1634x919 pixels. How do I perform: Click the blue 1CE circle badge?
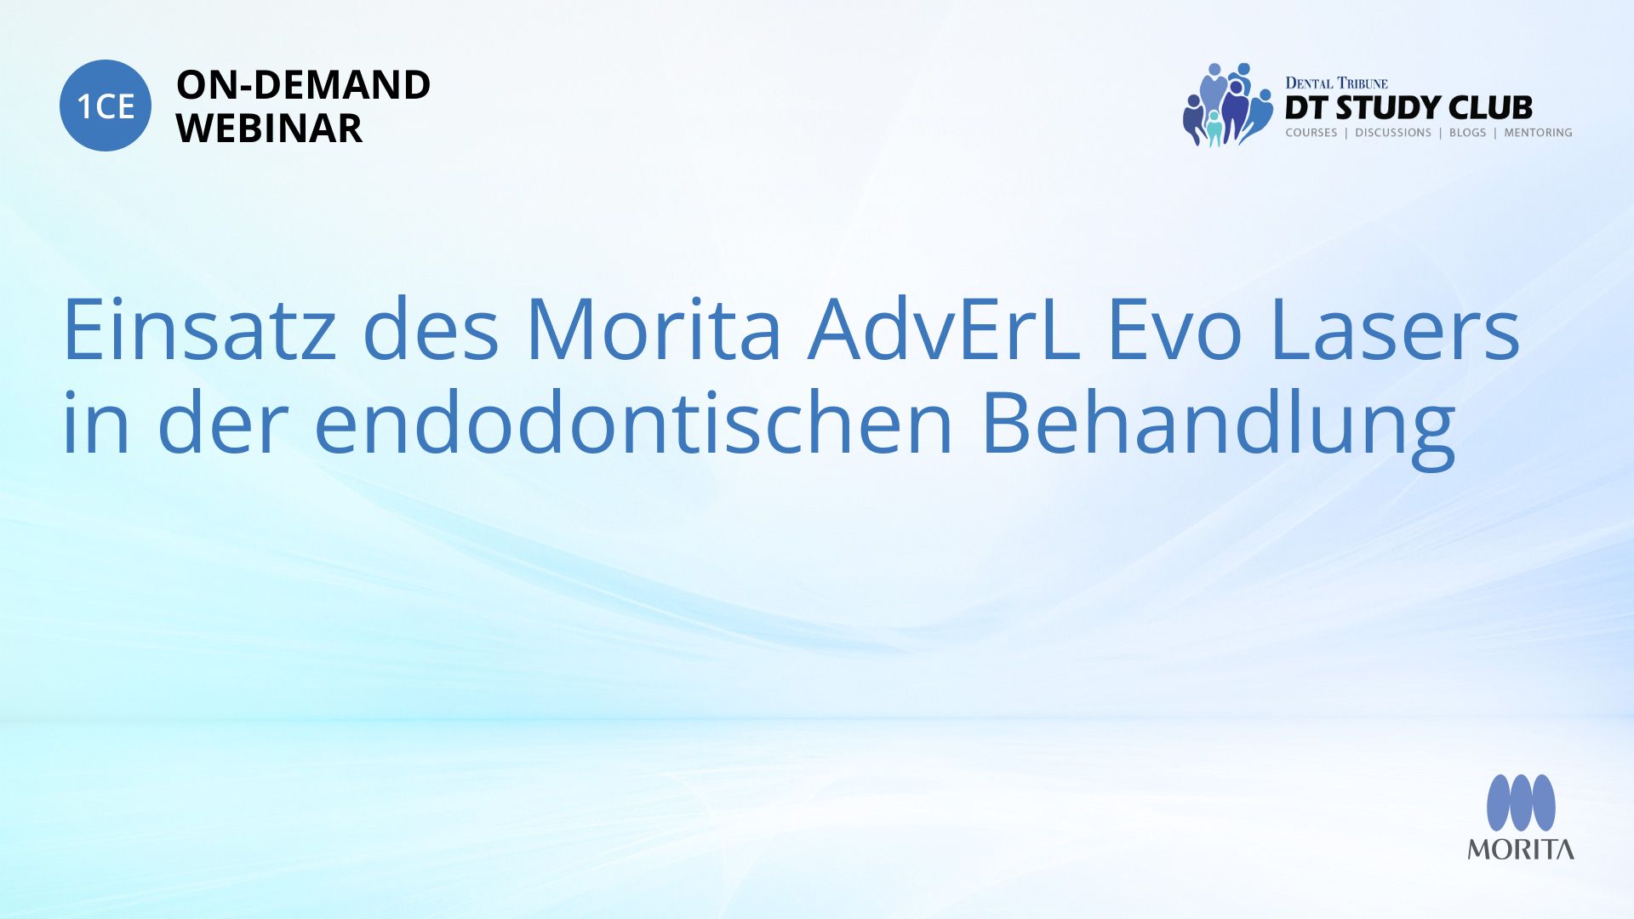(106, 106)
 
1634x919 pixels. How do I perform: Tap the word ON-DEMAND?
(303, 85)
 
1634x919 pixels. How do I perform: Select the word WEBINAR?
(269, 128)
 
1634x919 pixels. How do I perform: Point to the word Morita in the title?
(654, 329)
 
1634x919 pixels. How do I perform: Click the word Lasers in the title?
(1394, 329)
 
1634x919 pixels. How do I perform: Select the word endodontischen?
(633, 423)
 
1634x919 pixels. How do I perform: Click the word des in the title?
(431, 329)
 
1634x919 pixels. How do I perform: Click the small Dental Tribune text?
(1336, 83)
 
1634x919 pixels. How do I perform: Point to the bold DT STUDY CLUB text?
(1408, 107)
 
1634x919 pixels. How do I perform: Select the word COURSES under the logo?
(1311, 133)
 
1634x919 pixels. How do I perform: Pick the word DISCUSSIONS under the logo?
(1393, 133)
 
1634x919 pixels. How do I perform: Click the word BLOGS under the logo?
(1467, 133)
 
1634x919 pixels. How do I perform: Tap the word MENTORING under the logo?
(1538, 133)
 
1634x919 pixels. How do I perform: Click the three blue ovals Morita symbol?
(1521, 802)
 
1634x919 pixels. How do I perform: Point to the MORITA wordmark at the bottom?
(1521, 849)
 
